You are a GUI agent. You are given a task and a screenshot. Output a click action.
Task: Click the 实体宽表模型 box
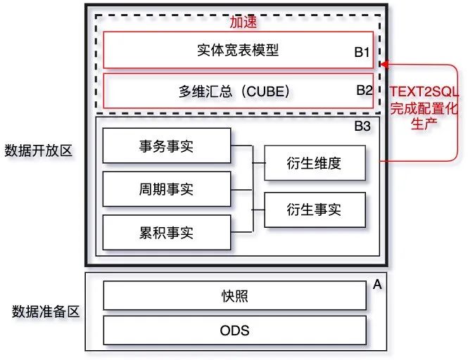coord(237,50)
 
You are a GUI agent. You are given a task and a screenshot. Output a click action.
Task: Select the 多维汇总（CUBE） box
coord(237,90)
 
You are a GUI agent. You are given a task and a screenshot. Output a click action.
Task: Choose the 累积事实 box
coord(166,232)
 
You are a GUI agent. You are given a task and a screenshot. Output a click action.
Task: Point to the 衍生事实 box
coord(315,208)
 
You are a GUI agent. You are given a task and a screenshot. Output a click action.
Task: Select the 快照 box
coord(234,296)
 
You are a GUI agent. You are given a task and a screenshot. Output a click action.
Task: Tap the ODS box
coord(234,330)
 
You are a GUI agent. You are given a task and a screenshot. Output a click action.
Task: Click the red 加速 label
coord(243,22)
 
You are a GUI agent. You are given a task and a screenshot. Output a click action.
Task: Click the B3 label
coord(362,127)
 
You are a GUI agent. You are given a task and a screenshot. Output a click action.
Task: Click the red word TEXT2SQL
coord(424,91)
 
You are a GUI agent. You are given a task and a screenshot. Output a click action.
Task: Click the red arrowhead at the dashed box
coord(384,65)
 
